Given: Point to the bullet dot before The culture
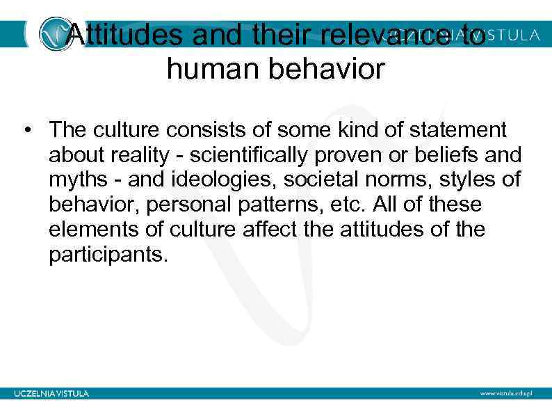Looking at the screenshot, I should tap(27, 132).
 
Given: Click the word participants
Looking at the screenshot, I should tap(108, 254).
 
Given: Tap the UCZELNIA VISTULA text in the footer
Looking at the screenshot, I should tap(51, 393).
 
